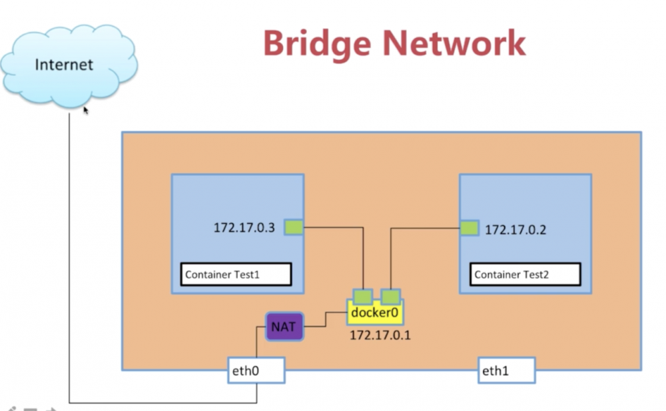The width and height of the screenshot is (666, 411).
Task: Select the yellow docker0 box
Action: coord(375,312)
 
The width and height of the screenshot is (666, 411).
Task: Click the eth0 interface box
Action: coord(256,370)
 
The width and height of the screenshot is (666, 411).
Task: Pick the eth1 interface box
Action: coord(506,370)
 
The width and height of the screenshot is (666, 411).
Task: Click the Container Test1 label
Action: coord(236,274)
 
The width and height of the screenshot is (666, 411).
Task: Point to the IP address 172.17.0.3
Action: coord(244,228)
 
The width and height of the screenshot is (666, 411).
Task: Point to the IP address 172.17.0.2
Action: coord(515,230)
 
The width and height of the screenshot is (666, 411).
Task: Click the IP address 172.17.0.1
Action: coord(380,335)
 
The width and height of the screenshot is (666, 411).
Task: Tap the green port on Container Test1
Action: coord(293,227)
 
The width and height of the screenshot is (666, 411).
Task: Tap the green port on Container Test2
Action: coord(470,228)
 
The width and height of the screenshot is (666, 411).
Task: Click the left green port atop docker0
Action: coord(363,296)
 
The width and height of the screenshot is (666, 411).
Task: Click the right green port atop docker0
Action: coord(390,296)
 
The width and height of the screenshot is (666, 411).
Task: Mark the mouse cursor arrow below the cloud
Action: coord(86,110)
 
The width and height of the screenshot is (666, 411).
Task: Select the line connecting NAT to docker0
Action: coord(326,320)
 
